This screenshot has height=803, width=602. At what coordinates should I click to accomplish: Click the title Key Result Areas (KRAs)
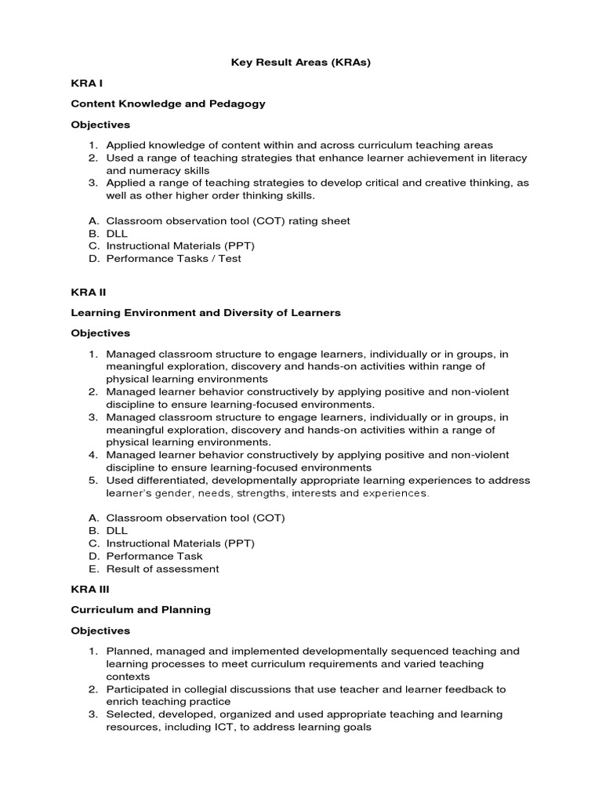(300, 63)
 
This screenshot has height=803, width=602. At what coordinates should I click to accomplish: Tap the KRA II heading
(88, 292)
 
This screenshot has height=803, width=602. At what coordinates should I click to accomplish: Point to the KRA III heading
(89, 588)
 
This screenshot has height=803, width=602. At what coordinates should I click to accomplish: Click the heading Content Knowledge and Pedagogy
(168, 104)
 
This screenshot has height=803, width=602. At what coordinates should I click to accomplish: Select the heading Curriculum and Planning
(140, 609)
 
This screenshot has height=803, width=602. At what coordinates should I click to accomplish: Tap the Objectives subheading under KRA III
(100, 630)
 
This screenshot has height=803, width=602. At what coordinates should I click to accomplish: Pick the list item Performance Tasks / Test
(173, 259)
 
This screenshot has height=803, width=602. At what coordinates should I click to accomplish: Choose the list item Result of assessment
(162, 569)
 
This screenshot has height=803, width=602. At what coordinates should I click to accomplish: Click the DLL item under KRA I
(117, 234)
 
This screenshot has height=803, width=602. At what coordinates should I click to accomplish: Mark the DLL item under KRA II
(117, 531)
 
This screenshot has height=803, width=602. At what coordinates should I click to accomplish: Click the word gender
(172, 493)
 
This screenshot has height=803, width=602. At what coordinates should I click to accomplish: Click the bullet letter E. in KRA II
(93, 569)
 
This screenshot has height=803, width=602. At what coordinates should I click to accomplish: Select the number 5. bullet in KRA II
(92, 481)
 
